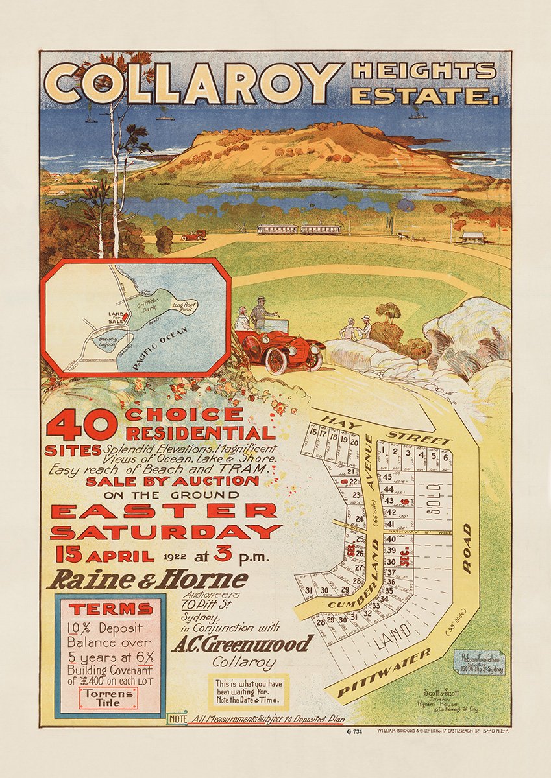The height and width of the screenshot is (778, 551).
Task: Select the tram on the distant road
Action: point(299,230)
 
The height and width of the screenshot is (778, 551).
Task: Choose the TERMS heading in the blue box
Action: point(111,609)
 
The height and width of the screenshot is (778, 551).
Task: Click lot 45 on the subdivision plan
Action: point(388,477)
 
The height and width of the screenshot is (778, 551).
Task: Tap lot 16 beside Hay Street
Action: point(314,432)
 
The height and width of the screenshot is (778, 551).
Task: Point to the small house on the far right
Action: point(472,237)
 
